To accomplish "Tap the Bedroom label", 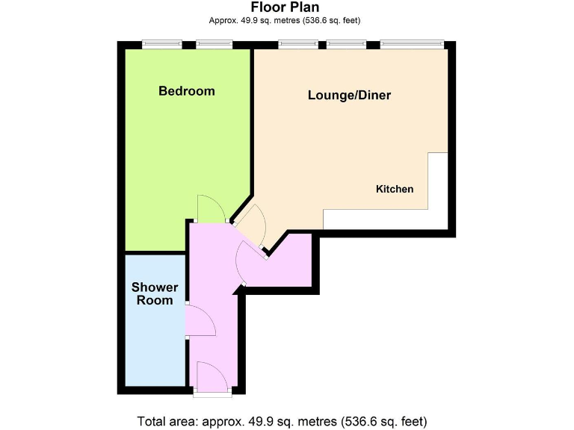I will point(186,91).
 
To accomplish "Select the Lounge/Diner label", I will point(350,96).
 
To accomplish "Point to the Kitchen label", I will point(394,189).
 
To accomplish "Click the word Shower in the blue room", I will point(155,287).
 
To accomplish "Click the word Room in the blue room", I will point(155,301).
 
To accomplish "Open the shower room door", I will point(200,321).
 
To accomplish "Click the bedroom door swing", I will point(211,208).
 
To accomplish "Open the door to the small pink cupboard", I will point(247,261).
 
